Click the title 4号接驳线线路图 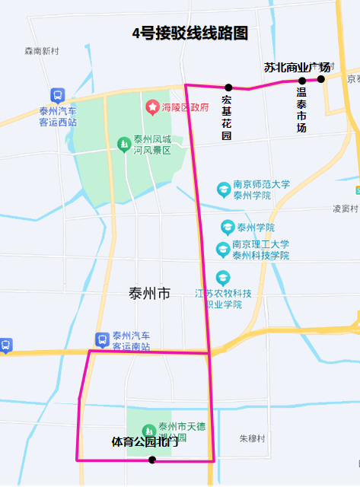pyautogui.click(x=190, y=33)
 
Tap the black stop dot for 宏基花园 pyautogui.click(x=228, y=88)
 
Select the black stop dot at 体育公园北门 pyautogui.click(x=152, y=460)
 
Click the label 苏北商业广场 pyautogui.click(x=297, y=68)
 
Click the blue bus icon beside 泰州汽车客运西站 pyautogui.click(x=58, y=95)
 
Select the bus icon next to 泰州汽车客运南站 pyautogui.click(x=101, y=339)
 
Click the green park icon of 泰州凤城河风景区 pyautogui.click(x=123, y=144)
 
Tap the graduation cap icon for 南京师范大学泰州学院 pyautogui.click(x=223, y=188)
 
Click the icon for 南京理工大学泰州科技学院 pyautogui.click(x=223, y=250)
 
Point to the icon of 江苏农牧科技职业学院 pyautogui.click(x=222, y=277)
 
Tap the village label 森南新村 pyautogui.click(x=41, y=51)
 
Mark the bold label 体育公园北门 pyautogui.click(x=145, y=441)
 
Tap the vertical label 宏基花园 pyautogui.click(x=226, y=118)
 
